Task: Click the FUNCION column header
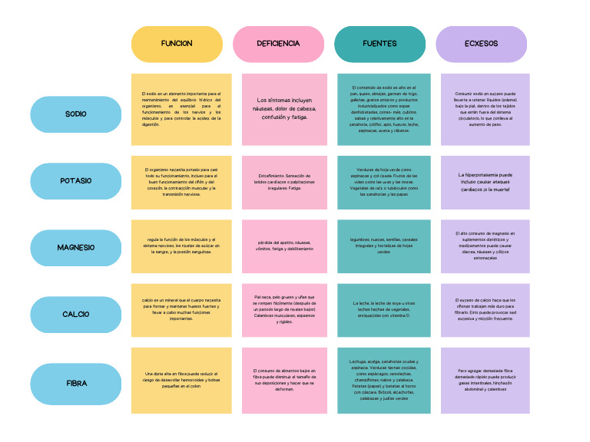[x=177, y=44]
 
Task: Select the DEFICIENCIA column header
[x=278, y=44]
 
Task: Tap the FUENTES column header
[x=380, y=44]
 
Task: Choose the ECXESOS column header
[x=481, y=44]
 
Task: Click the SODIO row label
[x=76, y=114]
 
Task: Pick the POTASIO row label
[x=76, y=181]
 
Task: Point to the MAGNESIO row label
[x=76, y=248]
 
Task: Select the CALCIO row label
[x=76, y=315]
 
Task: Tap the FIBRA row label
[x=76, y=382]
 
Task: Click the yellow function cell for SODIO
[x=181, y=109]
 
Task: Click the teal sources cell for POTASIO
[x=384, y=182]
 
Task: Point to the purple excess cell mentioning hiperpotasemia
[x=486, y=182]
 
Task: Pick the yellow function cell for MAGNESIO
[x=181, y=246]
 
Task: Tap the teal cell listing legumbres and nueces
[x=384, y=246]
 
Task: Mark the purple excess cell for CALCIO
[x=486, y=310]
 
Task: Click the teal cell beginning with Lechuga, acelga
[x=384, y=381]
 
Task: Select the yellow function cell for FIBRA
[x=181, y=381]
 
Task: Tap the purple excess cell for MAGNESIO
[x=486, y=246]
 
